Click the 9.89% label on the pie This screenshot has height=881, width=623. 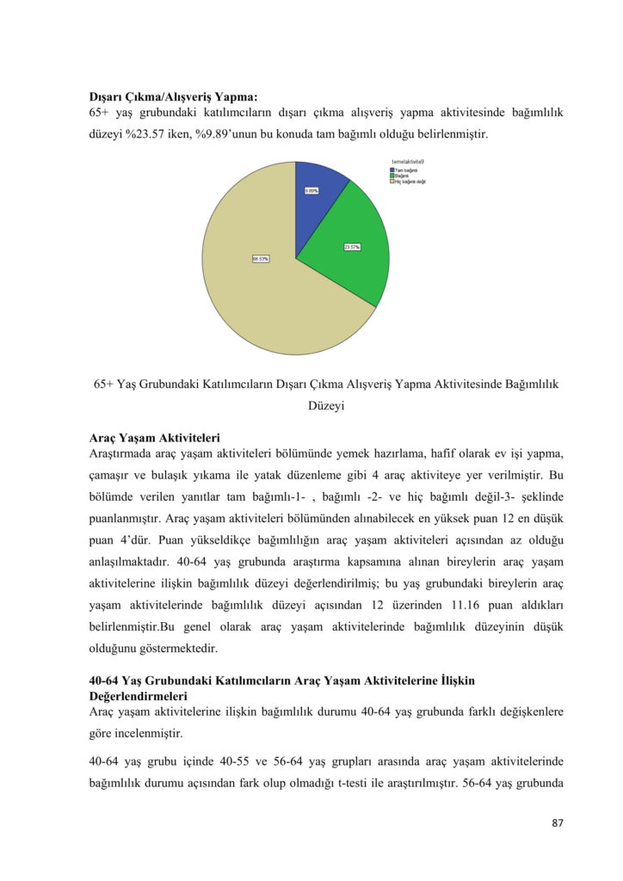point(311,190)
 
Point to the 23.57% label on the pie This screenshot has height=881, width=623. point(352,247)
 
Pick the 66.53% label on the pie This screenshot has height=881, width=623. point(261,258)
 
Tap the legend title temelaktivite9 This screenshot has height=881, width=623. point(406,162)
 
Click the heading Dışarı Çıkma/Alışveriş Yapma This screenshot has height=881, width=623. point(173,96)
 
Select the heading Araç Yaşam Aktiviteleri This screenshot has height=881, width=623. point(155,437)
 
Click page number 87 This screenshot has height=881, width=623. point(557,823)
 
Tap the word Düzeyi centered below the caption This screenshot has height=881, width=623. point(326,406)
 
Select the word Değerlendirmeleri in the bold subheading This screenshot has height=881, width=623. point(138,694)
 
